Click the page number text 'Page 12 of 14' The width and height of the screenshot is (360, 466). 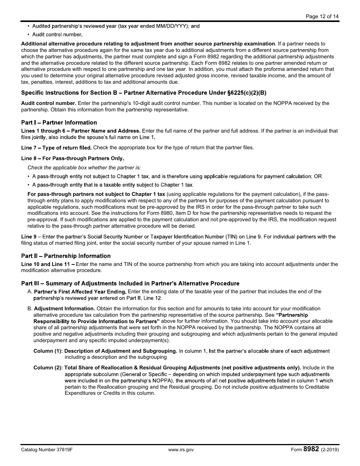click(x=322, y=16)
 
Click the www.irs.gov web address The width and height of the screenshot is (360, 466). click(x=181, y=450)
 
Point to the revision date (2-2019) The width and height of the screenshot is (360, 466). click(x=330, y=450)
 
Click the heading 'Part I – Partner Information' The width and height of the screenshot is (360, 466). click(x=59, y=122)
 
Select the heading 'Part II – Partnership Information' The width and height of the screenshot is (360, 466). click(x=66, y=256)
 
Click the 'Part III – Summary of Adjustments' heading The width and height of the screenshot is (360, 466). click(x=130, y=283)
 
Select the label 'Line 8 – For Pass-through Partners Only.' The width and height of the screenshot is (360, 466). click(x=72, y=158)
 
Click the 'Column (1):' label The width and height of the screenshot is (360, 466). click(x=48, y=351)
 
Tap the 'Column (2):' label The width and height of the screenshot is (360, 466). click(x=48, y=367)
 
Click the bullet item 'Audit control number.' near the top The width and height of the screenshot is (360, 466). click(x=57, y=34)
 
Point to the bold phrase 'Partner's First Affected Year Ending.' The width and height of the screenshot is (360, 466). click(x=80, y=292)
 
